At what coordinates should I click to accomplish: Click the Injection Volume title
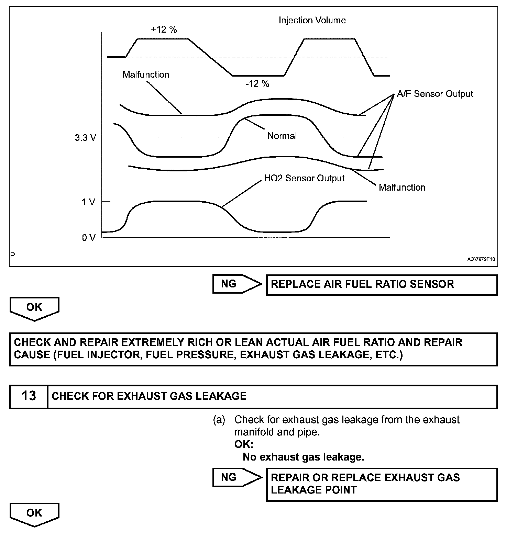pos(312,20)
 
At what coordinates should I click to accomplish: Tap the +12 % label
pos(164,30)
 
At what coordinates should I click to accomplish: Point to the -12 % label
pos(257,84)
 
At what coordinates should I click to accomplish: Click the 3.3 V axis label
pos(86,138)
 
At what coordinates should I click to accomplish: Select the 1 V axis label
pos(88,202)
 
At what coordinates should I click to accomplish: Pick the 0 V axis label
pos(89,238)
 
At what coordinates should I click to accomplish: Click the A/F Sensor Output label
pos(435,94)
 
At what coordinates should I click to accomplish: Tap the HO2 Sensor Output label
pos(304,178)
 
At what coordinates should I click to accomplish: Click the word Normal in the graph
pos(282,136)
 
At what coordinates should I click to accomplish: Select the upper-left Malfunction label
pos(146,75)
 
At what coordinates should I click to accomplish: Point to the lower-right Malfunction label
pos(402,188)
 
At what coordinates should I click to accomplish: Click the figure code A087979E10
pos(481,260)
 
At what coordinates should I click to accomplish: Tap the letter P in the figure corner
pos(13,255)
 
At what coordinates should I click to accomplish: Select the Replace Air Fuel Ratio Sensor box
pos(382,285)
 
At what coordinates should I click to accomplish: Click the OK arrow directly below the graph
pos(34,308)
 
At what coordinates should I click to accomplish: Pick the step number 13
pos(29,396)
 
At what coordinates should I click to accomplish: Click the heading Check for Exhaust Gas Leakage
pos(149,396)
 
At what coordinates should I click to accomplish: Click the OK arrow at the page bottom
pos(34,514)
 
